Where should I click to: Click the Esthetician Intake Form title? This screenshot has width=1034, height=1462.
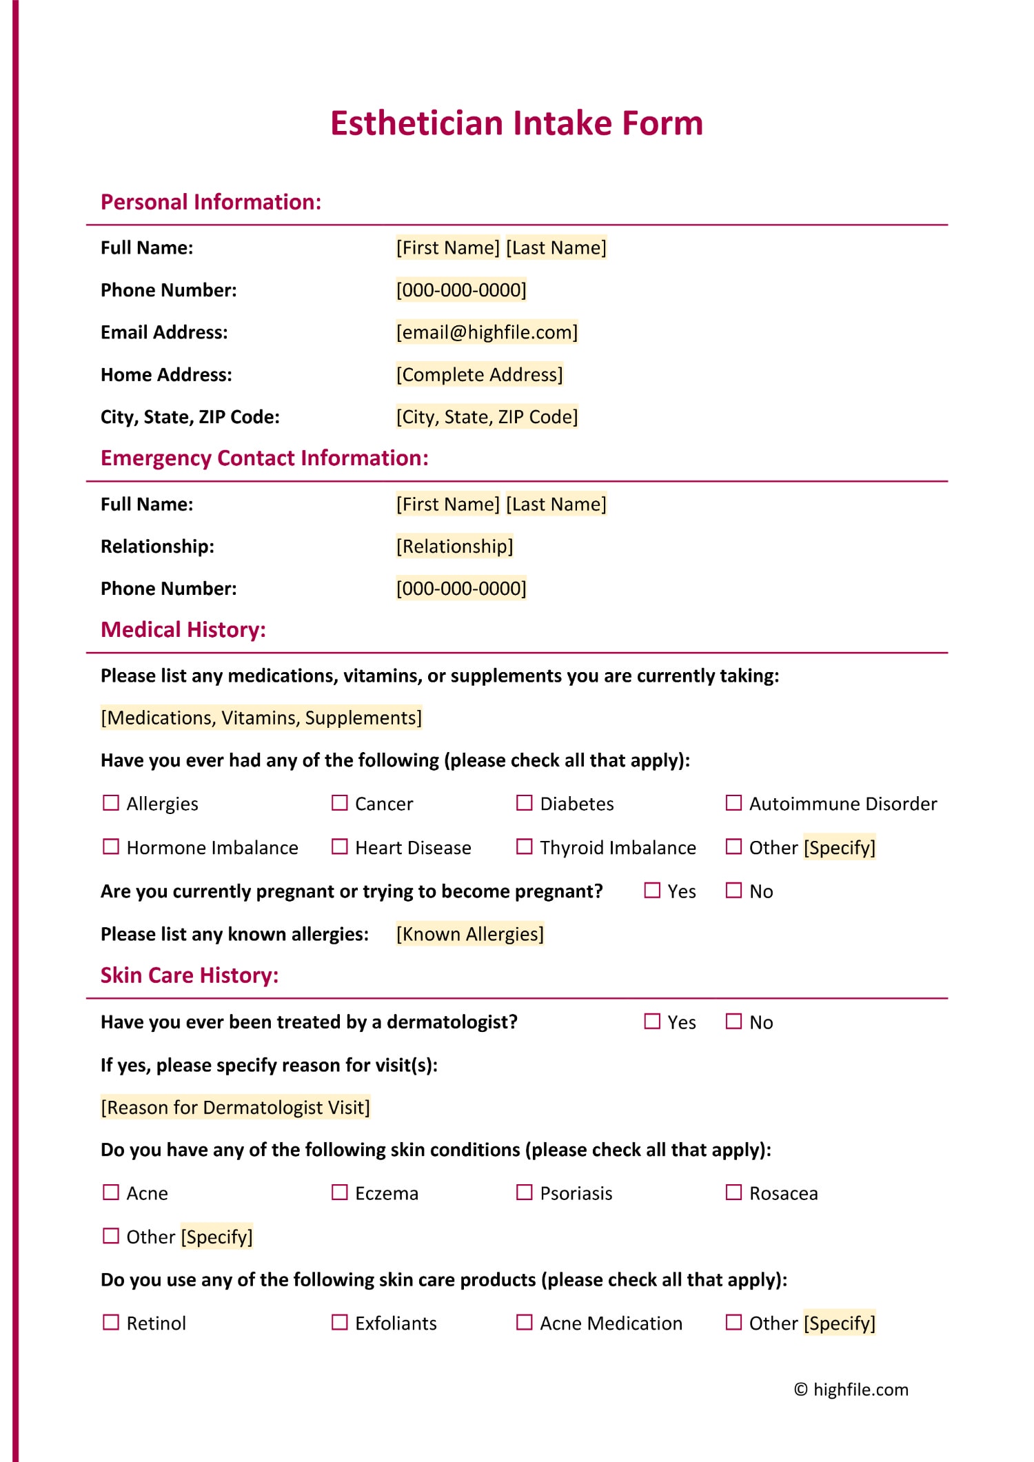(516, 123)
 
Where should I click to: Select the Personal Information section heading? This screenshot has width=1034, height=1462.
(211, 202)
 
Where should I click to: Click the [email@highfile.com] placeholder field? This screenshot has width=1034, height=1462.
(487, 332)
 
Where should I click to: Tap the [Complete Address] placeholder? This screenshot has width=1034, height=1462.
(479, 374)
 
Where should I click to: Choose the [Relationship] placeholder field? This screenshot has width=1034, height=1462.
(454, 546)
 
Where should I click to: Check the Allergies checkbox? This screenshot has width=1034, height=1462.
(111, 803)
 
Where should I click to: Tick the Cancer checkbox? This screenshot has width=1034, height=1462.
(340, 803)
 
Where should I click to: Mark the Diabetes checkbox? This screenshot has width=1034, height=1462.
(525, 803)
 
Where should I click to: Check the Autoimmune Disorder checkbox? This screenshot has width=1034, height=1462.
(734, 803)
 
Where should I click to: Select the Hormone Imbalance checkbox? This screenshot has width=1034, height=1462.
(111, 846)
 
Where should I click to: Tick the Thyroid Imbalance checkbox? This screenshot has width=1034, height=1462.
(525, 846)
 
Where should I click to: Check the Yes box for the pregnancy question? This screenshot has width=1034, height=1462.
(652, 891)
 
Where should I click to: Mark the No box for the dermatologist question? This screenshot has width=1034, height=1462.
(734, 1022)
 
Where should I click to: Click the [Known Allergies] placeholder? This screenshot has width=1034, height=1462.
(469, 934)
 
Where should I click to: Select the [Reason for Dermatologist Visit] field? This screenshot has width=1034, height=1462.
(235, 1107)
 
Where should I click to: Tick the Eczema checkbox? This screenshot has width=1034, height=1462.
(340, 1192)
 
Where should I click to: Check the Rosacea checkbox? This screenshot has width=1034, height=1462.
(734, 1192)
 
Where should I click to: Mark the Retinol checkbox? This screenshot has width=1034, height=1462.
(111, 1322)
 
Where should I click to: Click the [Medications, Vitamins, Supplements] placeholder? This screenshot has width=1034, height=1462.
(261, 718)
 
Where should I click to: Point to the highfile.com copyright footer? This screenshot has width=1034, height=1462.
(851, 1390)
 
